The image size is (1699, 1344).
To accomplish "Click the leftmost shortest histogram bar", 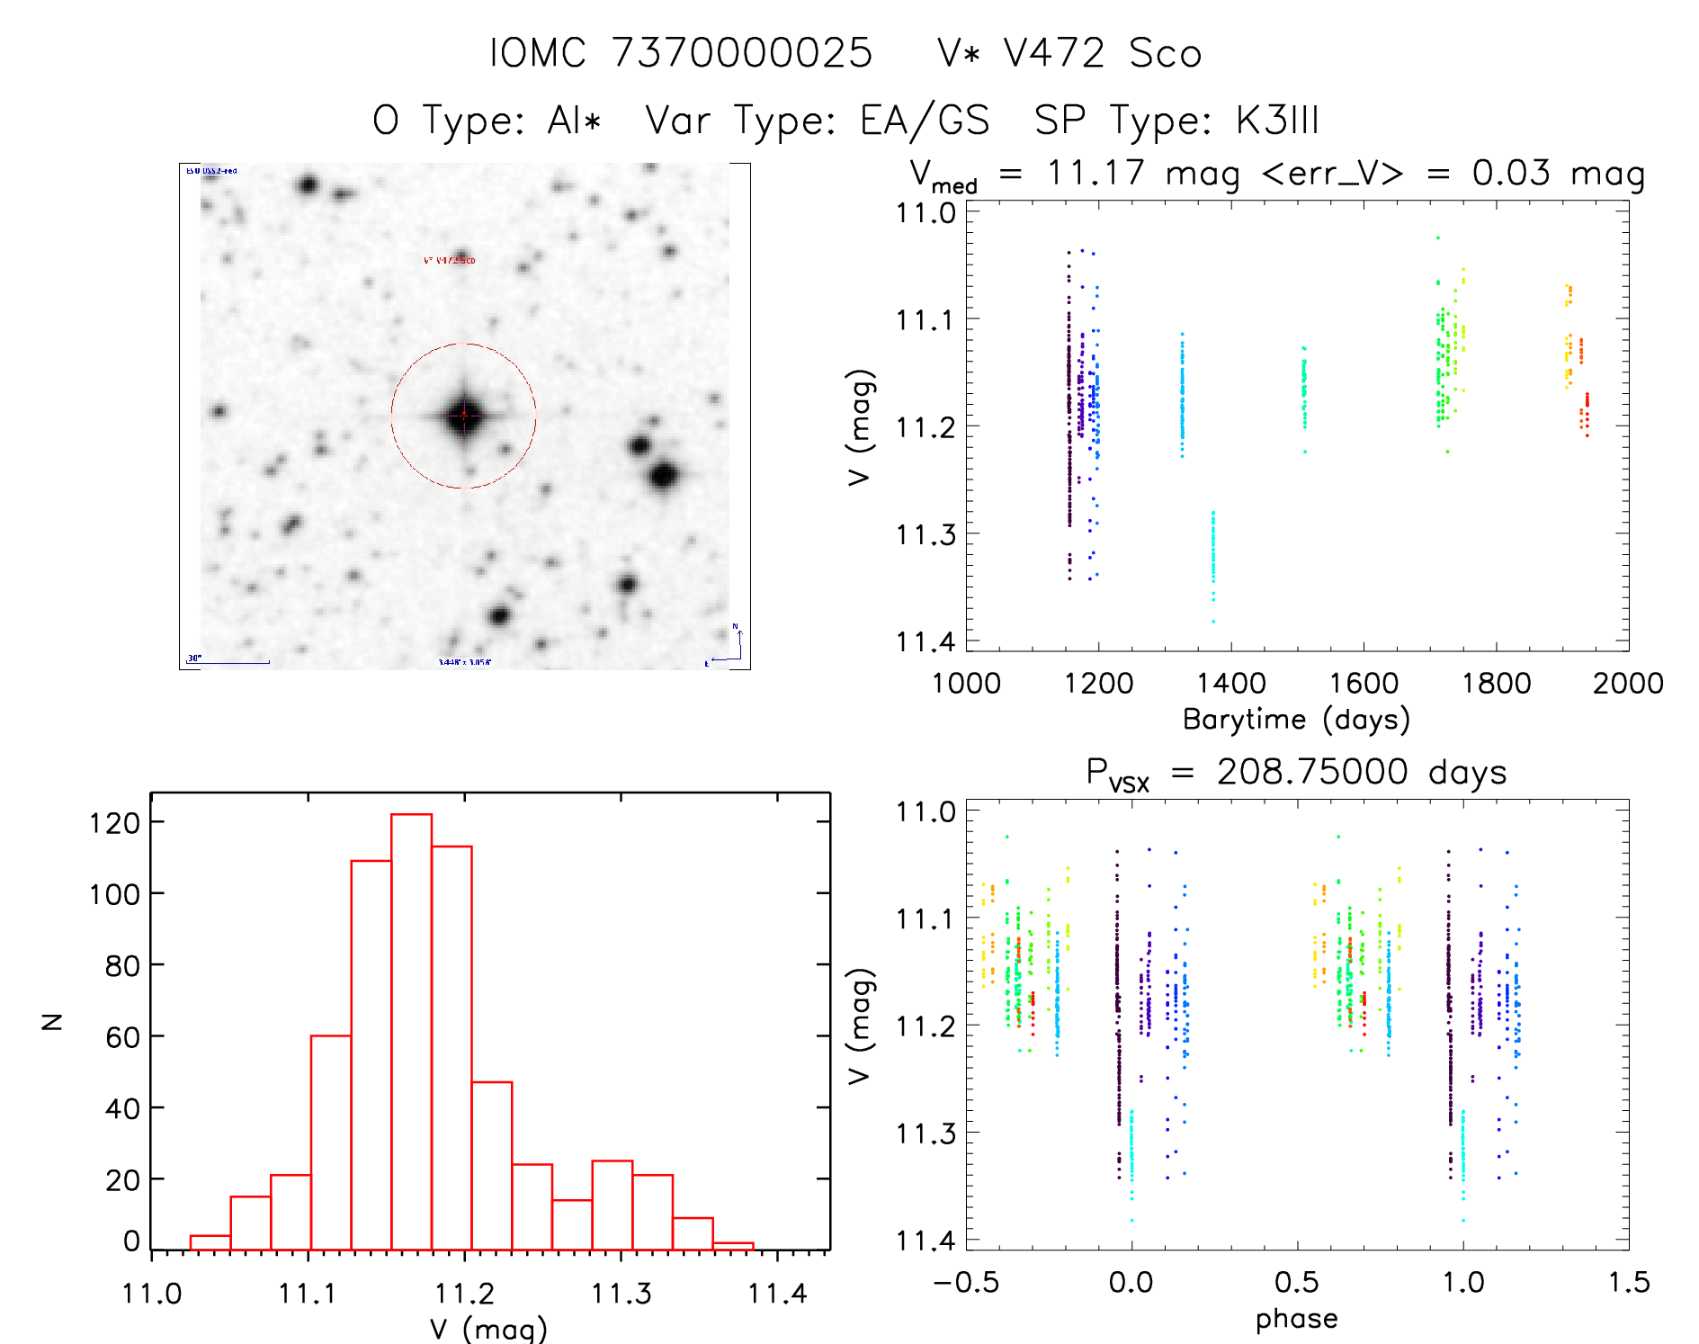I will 210,1242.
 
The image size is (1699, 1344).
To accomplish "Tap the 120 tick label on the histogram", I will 114,823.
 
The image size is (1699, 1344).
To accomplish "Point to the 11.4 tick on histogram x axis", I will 778,1294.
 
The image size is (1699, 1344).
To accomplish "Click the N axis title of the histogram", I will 52,1021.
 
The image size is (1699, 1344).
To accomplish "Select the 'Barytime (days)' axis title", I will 1296,720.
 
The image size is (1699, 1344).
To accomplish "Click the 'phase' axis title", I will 1296,1319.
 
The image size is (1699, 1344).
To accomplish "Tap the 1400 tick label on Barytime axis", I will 1230,684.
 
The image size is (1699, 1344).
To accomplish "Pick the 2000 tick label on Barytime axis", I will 1628,684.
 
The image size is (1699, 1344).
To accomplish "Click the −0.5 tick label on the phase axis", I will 966,1283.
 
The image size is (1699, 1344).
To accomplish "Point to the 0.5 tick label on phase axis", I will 1297,1283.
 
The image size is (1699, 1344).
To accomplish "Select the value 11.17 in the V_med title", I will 1095,173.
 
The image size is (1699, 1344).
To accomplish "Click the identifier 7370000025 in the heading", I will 742,53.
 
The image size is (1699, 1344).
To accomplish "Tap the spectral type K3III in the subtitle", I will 1277,121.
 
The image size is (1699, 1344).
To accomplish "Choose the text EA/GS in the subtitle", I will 925,121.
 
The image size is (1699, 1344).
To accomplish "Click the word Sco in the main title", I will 1166,53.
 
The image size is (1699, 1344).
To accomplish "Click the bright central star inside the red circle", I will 464,415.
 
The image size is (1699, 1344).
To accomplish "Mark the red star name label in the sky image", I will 449,260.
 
